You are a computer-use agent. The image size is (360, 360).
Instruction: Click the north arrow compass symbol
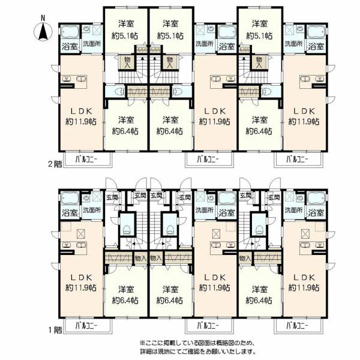43,31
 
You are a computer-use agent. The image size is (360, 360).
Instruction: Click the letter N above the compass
43,18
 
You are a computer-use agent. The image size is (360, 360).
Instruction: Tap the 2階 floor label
55,164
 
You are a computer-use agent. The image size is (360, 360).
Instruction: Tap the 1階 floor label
55,330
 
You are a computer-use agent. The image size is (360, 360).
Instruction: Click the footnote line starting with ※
197,343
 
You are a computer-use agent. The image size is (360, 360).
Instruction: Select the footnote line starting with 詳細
197,351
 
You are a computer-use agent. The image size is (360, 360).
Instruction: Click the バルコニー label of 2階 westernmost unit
86,159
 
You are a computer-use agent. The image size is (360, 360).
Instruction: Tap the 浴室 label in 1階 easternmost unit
316,212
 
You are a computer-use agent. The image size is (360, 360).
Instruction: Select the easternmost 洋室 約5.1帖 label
259,29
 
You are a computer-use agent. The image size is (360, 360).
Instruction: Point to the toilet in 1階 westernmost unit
126,230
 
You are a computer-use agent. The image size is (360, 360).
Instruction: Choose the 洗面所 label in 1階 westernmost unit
92,210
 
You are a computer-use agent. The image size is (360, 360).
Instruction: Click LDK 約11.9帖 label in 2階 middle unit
215,116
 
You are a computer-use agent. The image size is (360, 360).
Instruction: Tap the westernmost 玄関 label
112,197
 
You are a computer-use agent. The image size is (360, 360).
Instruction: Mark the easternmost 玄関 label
274,197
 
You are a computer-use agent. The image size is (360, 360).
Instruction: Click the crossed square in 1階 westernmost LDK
81,234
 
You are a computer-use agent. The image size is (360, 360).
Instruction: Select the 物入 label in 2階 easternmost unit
259,62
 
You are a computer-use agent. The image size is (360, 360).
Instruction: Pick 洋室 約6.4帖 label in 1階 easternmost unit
259,295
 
